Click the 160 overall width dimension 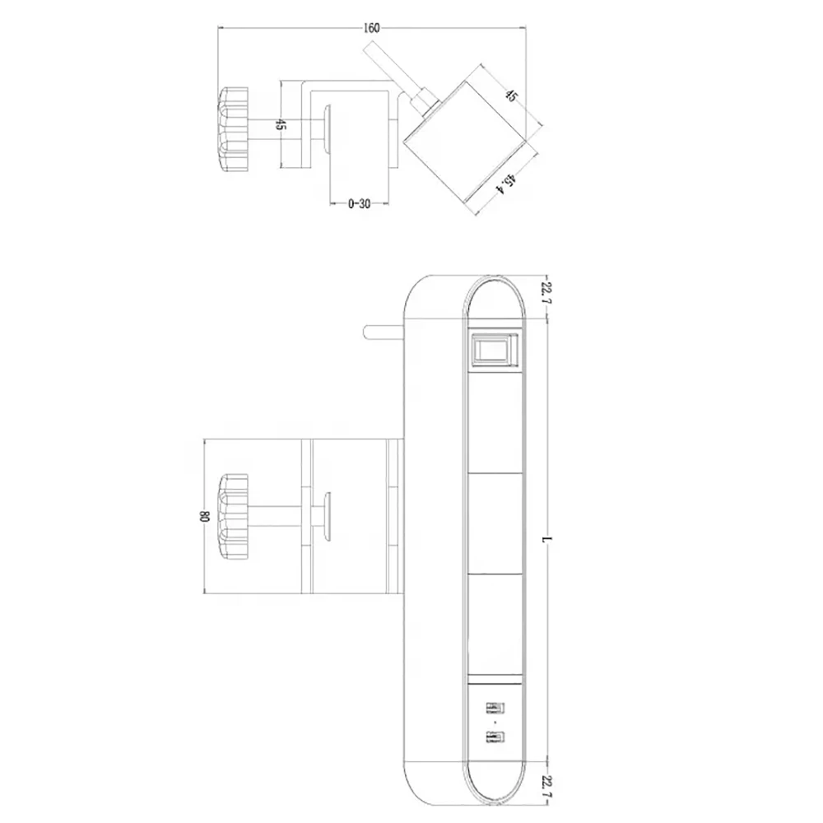tap(371, 28)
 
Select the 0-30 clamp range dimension tap(360, 204)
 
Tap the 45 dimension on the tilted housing tap(510, 95)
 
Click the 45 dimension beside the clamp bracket tap(281, 125)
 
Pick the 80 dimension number tap(203, 517)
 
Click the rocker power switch tap(494, 350)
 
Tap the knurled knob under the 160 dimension tap(233, 129)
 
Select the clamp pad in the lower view tap(328, 518)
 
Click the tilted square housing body tap(465, 136)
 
